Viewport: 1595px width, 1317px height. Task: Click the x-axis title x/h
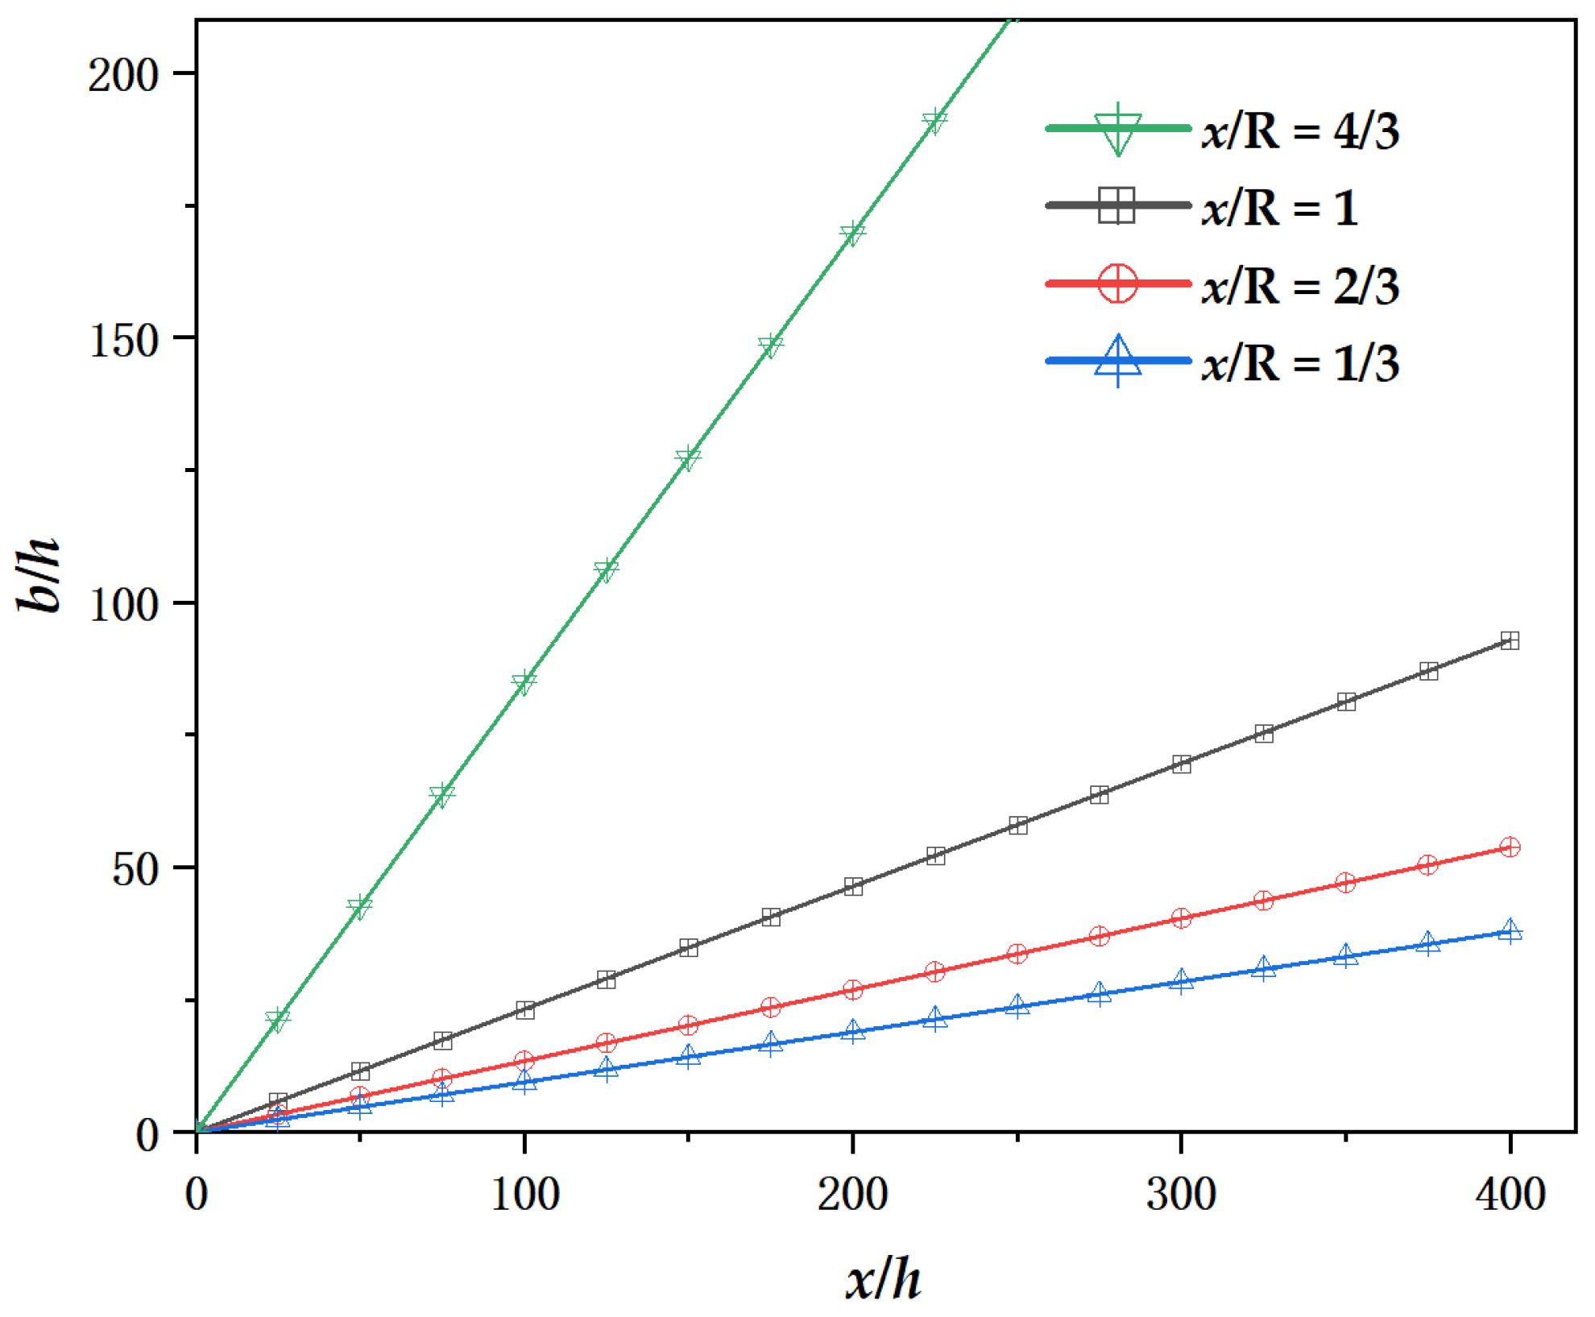(883, 1278)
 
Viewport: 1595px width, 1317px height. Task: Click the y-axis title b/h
(39, 574)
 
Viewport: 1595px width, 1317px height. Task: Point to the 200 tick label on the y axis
(122, 76)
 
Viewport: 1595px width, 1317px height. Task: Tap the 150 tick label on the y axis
(122, 340)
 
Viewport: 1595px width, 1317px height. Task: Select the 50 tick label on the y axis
(135, 869)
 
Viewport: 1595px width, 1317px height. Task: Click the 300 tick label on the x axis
(1181, 1194)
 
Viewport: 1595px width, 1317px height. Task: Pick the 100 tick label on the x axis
(524, 1194)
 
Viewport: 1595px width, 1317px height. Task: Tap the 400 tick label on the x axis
(1510, 1194)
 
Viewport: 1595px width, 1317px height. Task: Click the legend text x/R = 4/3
(1300, 130)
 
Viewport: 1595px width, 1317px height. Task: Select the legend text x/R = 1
(1280, 208)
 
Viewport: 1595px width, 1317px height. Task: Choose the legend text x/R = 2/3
(1300, 286)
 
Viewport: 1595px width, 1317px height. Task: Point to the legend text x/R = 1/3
(1300, 363)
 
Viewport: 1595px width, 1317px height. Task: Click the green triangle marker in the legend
(1117, 130)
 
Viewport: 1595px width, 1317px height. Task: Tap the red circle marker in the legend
(1117, 284)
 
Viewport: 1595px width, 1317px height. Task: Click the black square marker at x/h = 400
(1510, 641)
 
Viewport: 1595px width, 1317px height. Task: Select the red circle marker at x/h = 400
(1510, 847)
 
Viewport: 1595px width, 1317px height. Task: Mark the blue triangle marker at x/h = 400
(1510, 932)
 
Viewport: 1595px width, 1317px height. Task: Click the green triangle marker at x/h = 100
(524, 683)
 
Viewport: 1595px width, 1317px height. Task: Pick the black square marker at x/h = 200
(853, 887)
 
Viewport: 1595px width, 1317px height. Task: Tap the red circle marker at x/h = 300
(1181, 918)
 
